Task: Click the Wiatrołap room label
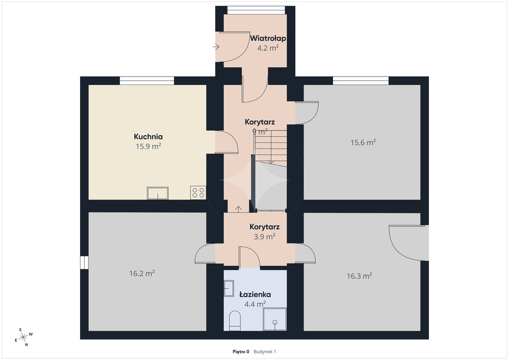268,38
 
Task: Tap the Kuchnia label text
148,137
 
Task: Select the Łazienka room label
255,294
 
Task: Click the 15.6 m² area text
363,142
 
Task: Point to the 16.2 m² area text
142,273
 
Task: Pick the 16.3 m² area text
359,276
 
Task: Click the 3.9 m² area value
264,237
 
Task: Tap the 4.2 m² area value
268,48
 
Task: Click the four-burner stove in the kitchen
198,192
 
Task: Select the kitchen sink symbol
158,193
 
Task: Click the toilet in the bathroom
235,321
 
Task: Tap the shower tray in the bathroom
274,319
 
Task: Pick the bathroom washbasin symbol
229,288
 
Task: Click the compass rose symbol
23,337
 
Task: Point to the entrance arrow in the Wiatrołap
216,47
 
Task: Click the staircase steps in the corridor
270,148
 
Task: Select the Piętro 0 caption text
241,351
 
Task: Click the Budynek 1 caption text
265,351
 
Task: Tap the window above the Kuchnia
147,81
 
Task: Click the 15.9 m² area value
148,146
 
